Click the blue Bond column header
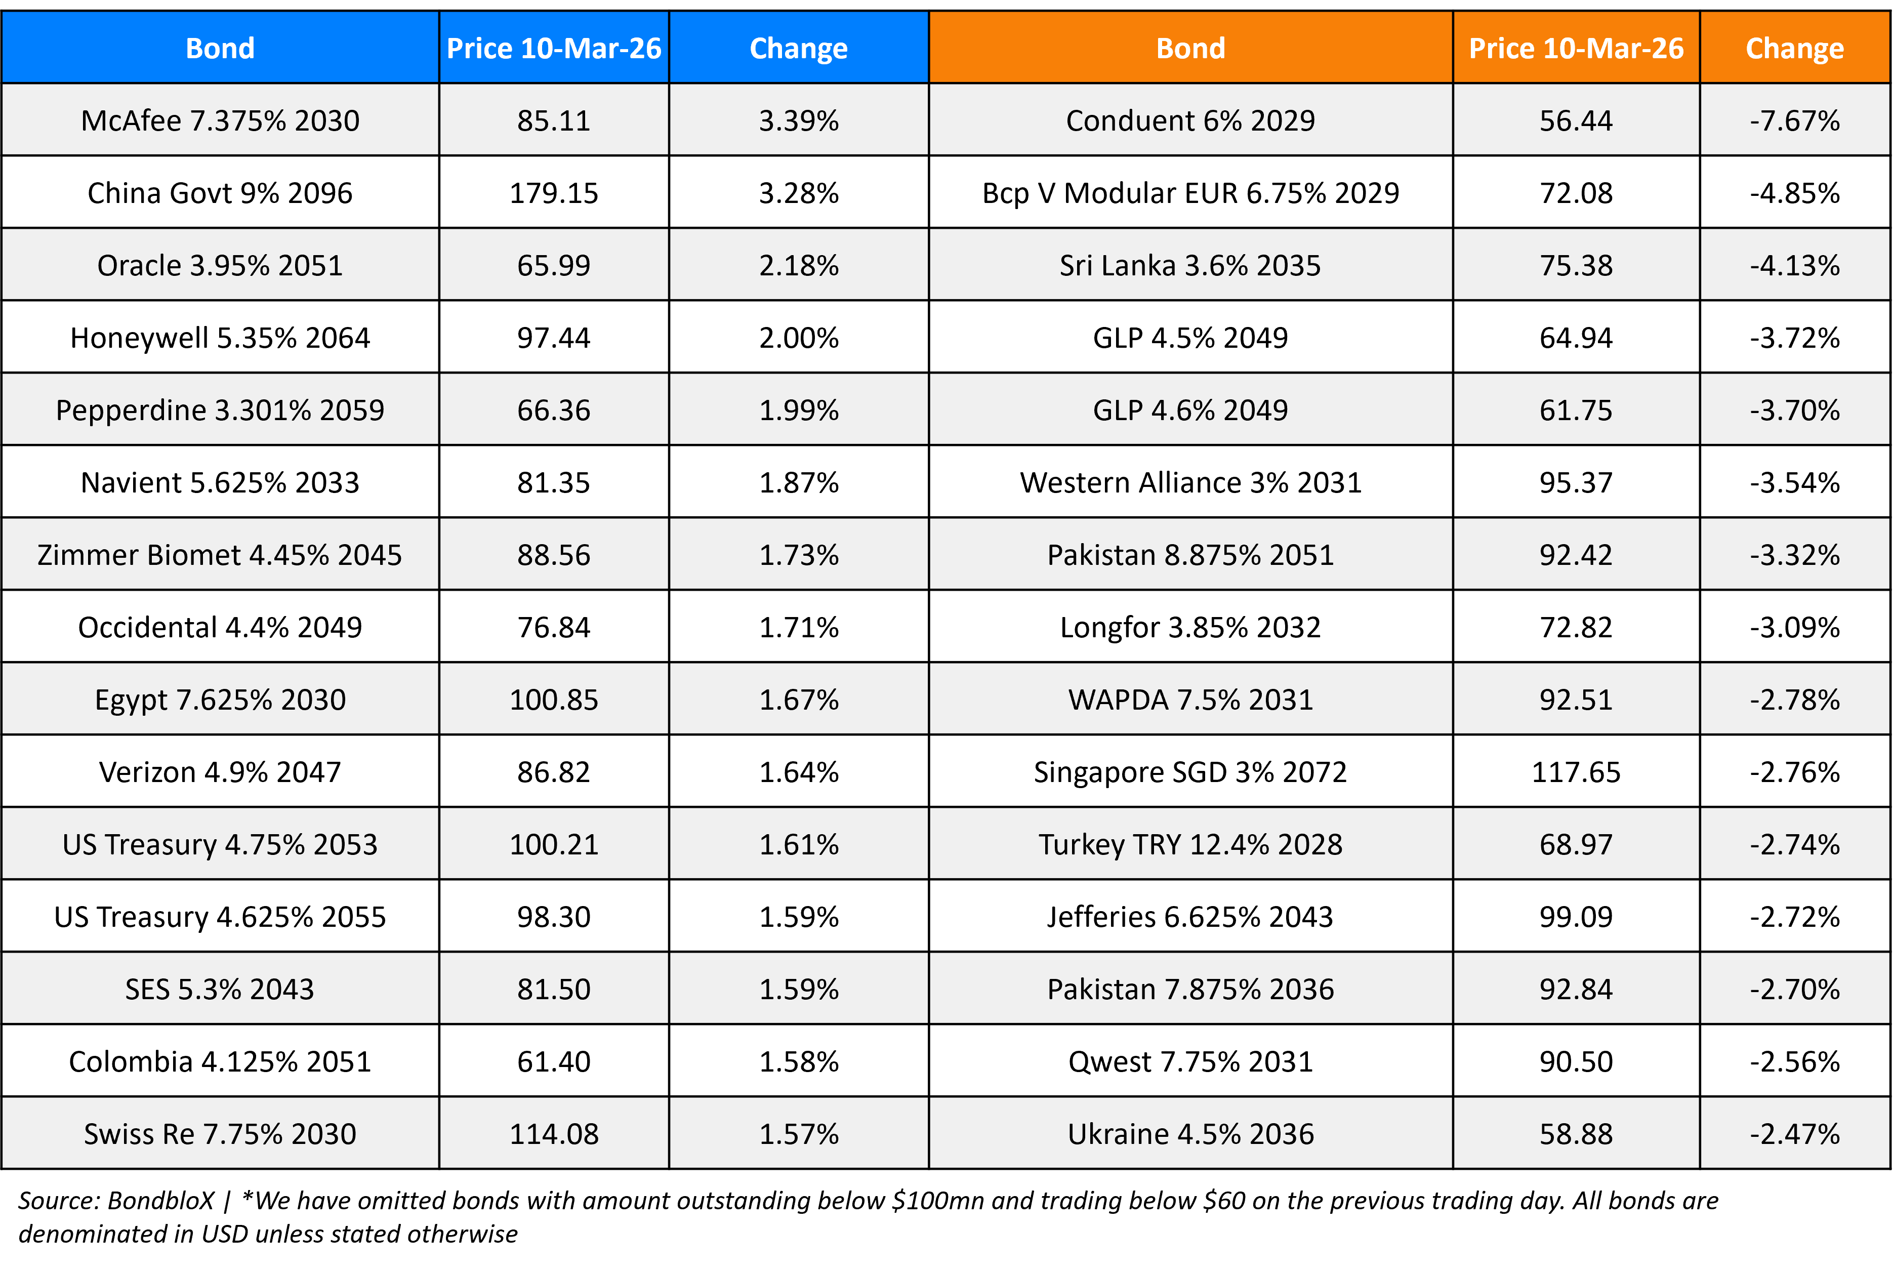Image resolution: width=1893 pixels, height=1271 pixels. point(220,49)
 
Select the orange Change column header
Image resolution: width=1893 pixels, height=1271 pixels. point(1794,49)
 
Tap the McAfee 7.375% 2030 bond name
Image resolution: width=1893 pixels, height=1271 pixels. point(220,121)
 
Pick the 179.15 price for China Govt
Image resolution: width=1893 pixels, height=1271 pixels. point(554,193)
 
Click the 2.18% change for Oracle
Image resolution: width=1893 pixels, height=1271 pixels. point(798,266)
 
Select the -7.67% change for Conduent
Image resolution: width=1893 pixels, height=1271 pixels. point(1794,121)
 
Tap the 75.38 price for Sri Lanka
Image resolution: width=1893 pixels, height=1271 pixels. point(1575,266)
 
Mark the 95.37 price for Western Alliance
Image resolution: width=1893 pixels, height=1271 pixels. point(1575,483)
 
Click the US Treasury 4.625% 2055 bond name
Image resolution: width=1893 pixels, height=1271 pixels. point(220,917)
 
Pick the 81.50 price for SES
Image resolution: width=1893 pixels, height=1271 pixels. point(554,990)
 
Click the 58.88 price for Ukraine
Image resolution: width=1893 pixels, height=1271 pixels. point(1575,1134)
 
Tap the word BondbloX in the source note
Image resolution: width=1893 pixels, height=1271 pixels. point(160,1201)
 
